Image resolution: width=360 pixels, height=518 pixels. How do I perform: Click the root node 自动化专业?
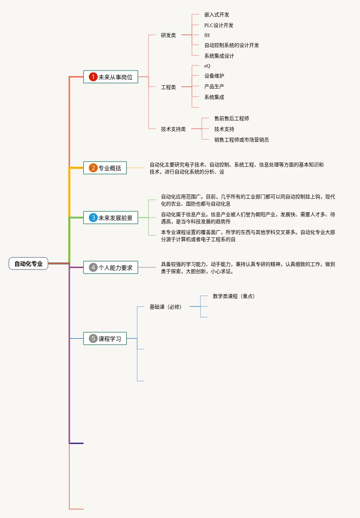click(28, 263)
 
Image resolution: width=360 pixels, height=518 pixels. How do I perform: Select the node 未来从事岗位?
click(111, 77)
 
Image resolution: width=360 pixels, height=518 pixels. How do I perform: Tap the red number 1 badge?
click(93, 77)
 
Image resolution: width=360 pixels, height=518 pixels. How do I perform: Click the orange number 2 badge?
click(93, 168)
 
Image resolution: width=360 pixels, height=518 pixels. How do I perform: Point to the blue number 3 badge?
click(93, 218)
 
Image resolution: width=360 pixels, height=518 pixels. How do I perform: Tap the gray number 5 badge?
click(93, 338)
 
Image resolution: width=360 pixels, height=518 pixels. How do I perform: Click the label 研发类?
click(168, 35)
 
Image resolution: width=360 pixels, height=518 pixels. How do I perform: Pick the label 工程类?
click(168, 87)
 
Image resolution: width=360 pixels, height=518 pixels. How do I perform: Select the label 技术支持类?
click(173, 129)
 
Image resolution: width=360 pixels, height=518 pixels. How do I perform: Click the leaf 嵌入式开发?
click(217, 15)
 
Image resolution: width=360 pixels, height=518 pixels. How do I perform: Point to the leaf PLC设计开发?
click(219, 25)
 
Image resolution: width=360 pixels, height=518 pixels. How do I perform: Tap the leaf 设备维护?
click(214, 76)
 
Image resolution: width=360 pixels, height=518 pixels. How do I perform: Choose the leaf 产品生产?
click(214, 86)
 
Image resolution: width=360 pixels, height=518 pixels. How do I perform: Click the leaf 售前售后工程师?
click(232, 118)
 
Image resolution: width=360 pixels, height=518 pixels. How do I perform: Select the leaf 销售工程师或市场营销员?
click(242, 140)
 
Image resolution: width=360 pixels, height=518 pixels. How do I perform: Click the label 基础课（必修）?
click(166, 307)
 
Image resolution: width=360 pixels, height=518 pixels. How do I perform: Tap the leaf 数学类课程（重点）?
click(234, 296)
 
